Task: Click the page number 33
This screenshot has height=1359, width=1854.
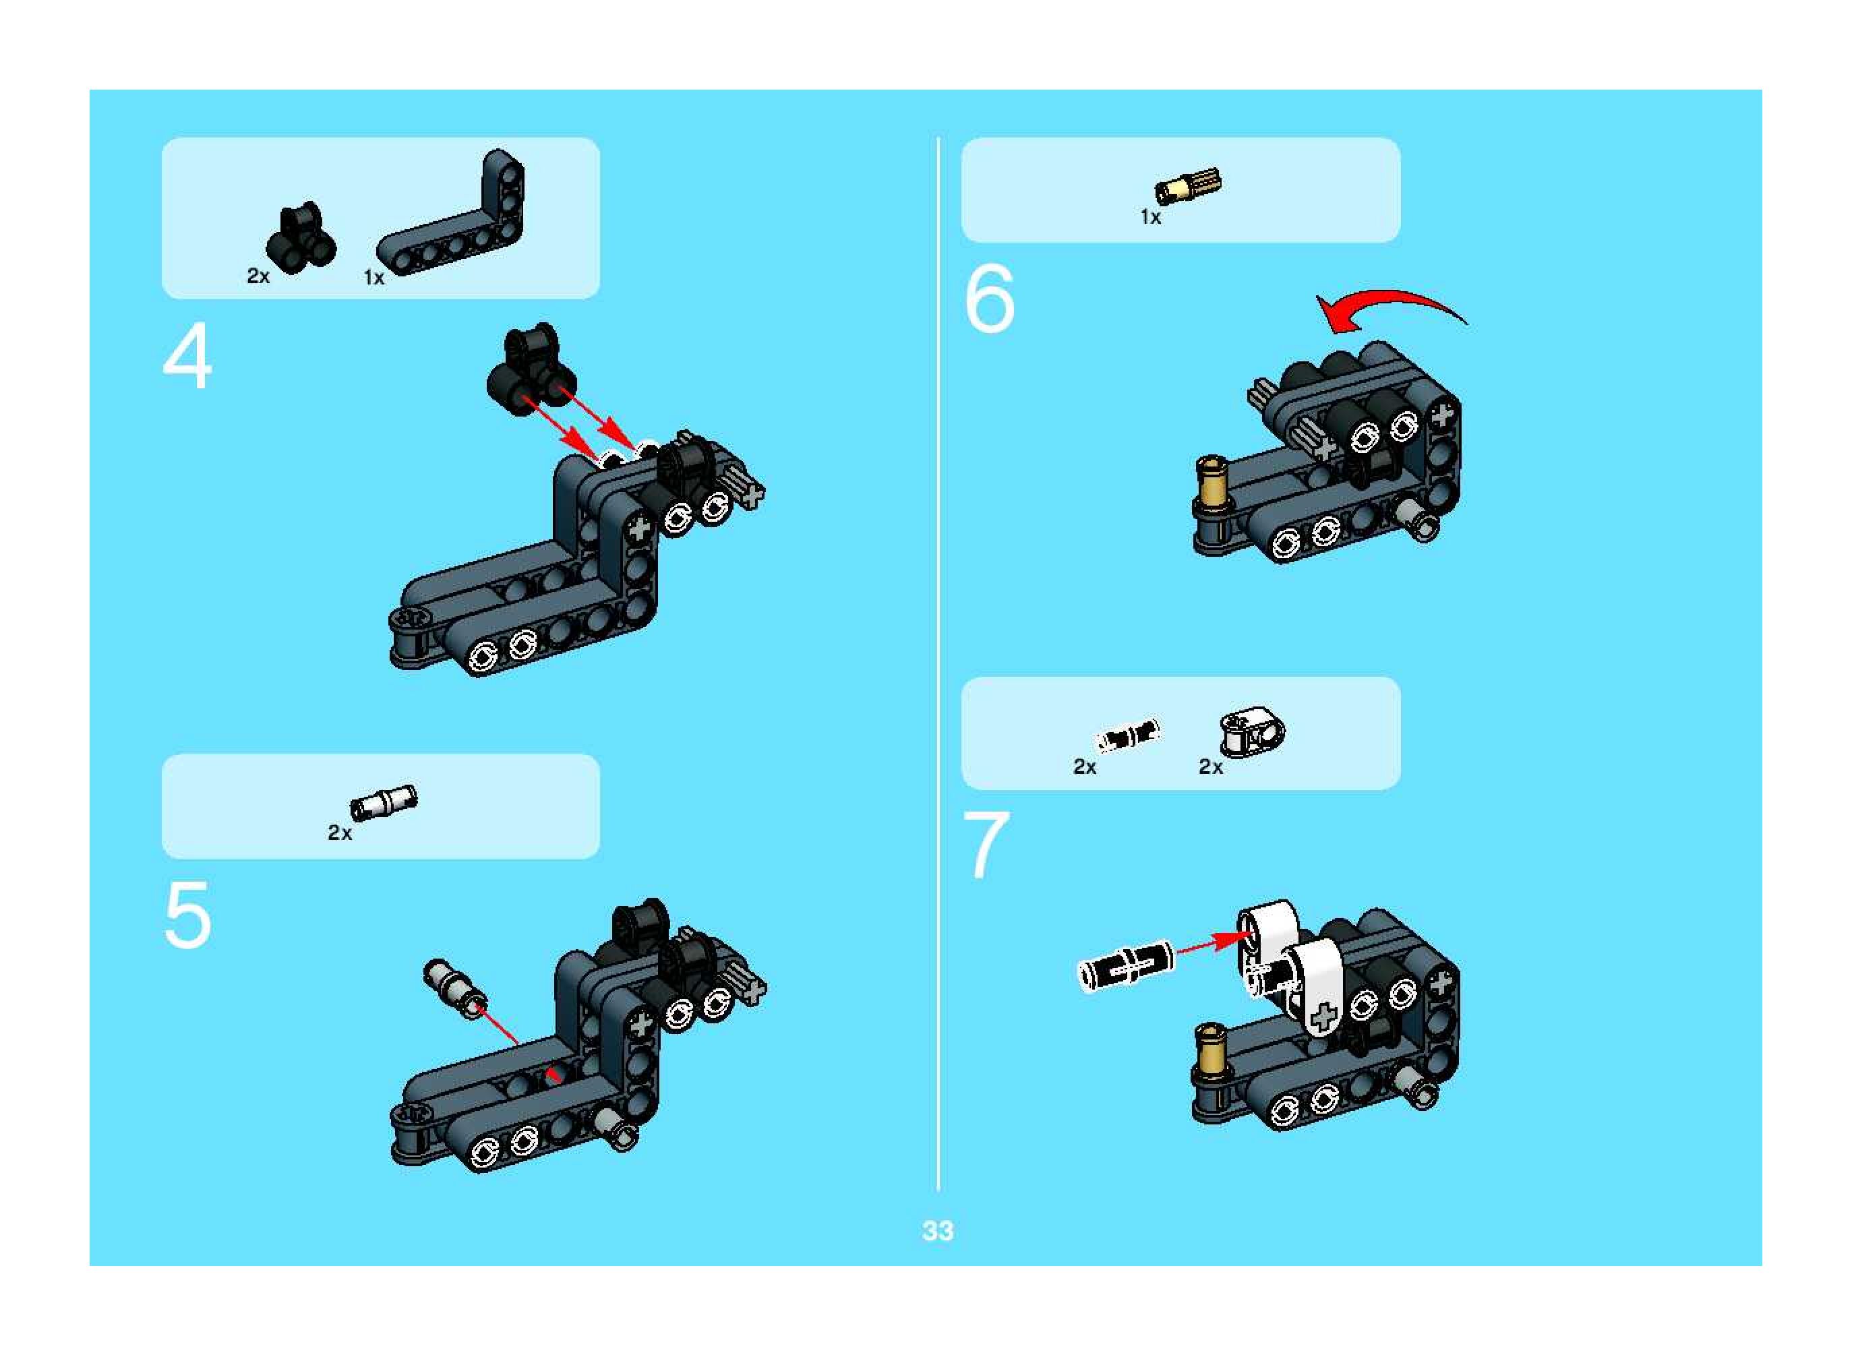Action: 938,1231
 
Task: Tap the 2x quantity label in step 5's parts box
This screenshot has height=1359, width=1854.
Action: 340,833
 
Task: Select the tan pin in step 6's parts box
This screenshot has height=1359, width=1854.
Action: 1188,186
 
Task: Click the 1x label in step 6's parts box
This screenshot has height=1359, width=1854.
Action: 1151,217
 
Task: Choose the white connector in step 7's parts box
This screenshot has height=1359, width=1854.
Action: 1251,732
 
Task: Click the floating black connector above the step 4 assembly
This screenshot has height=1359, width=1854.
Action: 531,369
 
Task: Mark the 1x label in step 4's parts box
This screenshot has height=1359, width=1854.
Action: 374,278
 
